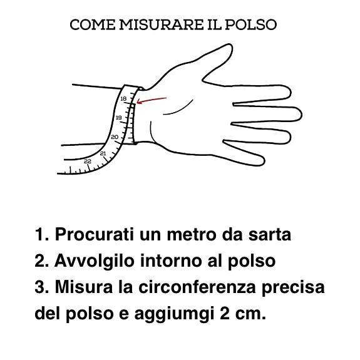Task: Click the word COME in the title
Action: pyautogui.click(x=93, y=24)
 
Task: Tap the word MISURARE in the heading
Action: pyautogui.click(x=162, y=24)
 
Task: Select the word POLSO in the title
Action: pyautogui.click(x=250, y=24)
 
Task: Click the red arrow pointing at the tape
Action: pyautogui.click(x=152, y=100)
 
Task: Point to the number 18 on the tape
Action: pyautogui.click(x=123, y=99)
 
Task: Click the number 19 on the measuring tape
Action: pyautogui.click(x=118, y=118)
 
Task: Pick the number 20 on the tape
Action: pyautogui.click(x=115, y=137)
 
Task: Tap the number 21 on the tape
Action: pyautogui.click(x=103, y=153)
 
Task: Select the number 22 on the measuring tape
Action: pyautogui.click(x=88, y=162)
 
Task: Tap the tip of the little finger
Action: pyautogui.click(x=264, y=162)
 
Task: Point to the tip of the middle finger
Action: pyautogui.click(x=301, y=114)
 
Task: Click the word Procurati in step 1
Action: pyautogui.click(x=94, y=234)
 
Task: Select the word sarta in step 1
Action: pyautogui.click(x=270, y=235)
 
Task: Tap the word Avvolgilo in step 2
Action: pyautogui.click(x=94, y=261)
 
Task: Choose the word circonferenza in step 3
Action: pyautogui.click(x=197, y=287)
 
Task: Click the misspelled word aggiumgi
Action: pyautogui.click(x=174, y=314)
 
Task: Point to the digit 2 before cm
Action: pyautogui.click(x=225, y=314)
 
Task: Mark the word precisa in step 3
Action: pyautogui.click(x=293, y=288)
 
